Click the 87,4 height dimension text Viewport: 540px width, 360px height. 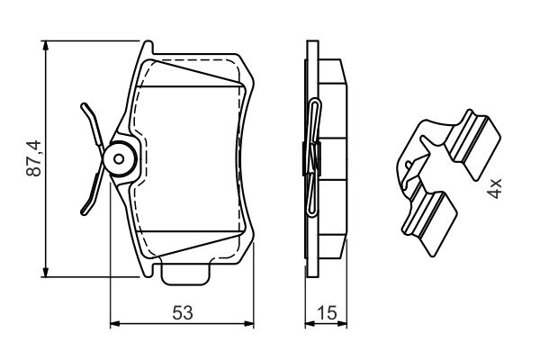click(x=34, y=158)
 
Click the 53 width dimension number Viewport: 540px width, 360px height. click(x=183, y=313)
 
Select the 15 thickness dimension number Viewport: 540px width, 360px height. click(x=327, y=313)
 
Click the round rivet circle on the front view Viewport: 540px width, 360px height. click(x=119, y=158)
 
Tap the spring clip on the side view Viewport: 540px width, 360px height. click(x=310, y=157)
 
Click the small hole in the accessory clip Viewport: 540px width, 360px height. click(x=409, y=165)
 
